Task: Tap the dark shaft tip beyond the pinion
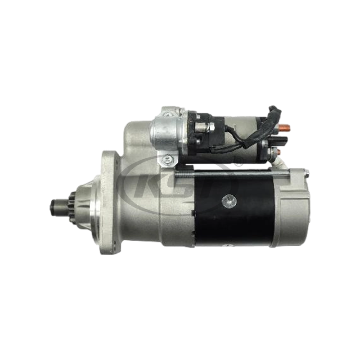click(x=54, y=207)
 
